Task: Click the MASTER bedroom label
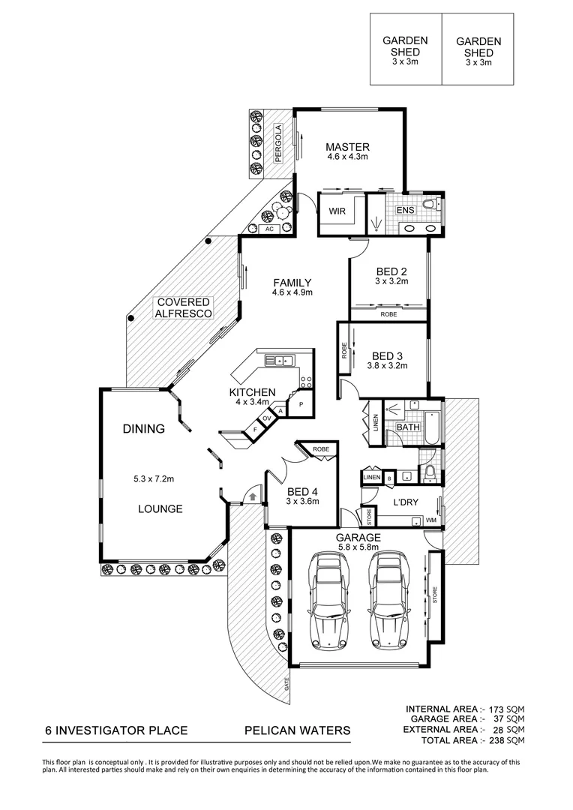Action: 347,147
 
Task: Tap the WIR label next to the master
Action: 337,211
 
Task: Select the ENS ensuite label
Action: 405,211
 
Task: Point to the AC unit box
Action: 269,229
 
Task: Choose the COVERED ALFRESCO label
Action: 184,307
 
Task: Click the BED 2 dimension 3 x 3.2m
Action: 391,281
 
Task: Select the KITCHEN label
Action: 253,392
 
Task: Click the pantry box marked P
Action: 301,404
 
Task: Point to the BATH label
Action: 408,427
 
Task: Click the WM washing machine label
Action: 431,520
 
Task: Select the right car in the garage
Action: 388,603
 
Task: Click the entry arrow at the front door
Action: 253,496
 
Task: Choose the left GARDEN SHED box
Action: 405,49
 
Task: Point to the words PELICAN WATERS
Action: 297,730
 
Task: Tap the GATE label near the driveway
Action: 286,683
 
